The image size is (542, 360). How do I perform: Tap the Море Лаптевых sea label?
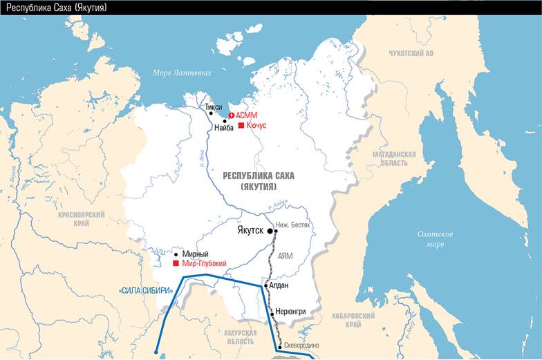(x=182, y=73)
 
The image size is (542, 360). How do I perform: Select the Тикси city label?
(x=214, y=107)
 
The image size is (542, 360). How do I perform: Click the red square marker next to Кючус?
(x=241, y=126)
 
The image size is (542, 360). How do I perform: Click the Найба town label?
(x=224, y=127)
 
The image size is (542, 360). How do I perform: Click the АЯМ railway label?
(x=285, y=256)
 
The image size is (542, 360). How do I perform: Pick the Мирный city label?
(x=195, y=254)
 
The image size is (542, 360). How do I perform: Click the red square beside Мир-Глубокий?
(x=176, y=264)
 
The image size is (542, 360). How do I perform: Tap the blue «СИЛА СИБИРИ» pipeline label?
(x=145, y=291)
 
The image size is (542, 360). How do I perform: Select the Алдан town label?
(x=279, y=285)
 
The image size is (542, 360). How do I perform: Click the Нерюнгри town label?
(x=290, y=312)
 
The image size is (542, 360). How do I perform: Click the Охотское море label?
(x=436, y=239)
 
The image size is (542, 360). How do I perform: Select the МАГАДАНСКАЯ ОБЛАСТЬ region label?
(x=393, y=158)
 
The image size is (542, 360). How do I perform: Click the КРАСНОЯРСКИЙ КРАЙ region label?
(x=81, y=219)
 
